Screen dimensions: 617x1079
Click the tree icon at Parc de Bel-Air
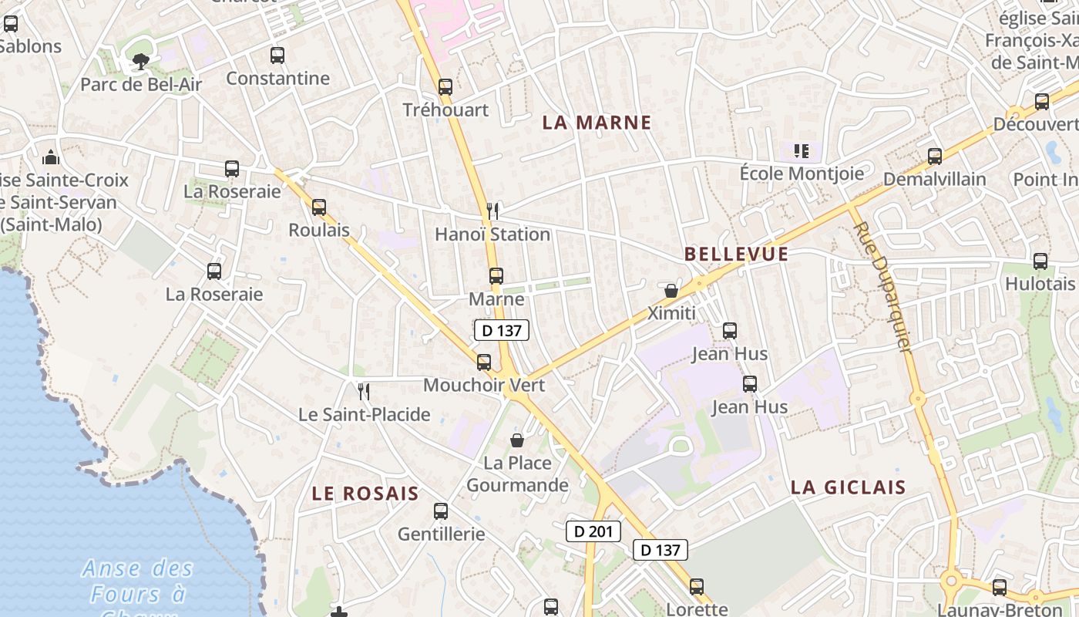pos(141,61)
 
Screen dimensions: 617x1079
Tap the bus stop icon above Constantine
pos(277,56)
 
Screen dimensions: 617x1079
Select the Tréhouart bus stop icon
pos(445,87)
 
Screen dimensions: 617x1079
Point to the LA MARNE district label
pos(597,123)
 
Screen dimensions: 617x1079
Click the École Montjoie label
pos(802,174)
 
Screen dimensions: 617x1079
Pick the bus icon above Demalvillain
pos(935,157)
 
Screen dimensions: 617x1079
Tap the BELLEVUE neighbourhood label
pos(736,255)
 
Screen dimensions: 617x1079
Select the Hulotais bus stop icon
pos(1040,261)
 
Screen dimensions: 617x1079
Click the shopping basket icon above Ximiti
pos(671,291)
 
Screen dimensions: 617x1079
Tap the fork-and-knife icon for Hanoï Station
pos(493,211)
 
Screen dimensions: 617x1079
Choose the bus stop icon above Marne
pos(496,276)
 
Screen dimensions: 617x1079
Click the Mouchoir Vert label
pos(484,385)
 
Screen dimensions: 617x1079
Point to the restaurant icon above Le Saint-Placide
pos(365,392)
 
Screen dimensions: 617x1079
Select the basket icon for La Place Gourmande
pos(517,440)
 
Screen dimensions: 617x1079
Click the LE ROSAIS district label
pos(365,494)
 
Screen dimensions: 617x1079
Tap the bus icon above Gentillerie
pos(441,511)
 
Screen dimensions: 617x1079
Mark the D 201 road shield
pos(593,531)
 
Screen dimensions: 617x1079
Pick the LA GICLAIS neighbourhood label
pos(849,487)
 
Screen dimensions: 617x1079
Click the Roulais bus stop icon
pos(319,207)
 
